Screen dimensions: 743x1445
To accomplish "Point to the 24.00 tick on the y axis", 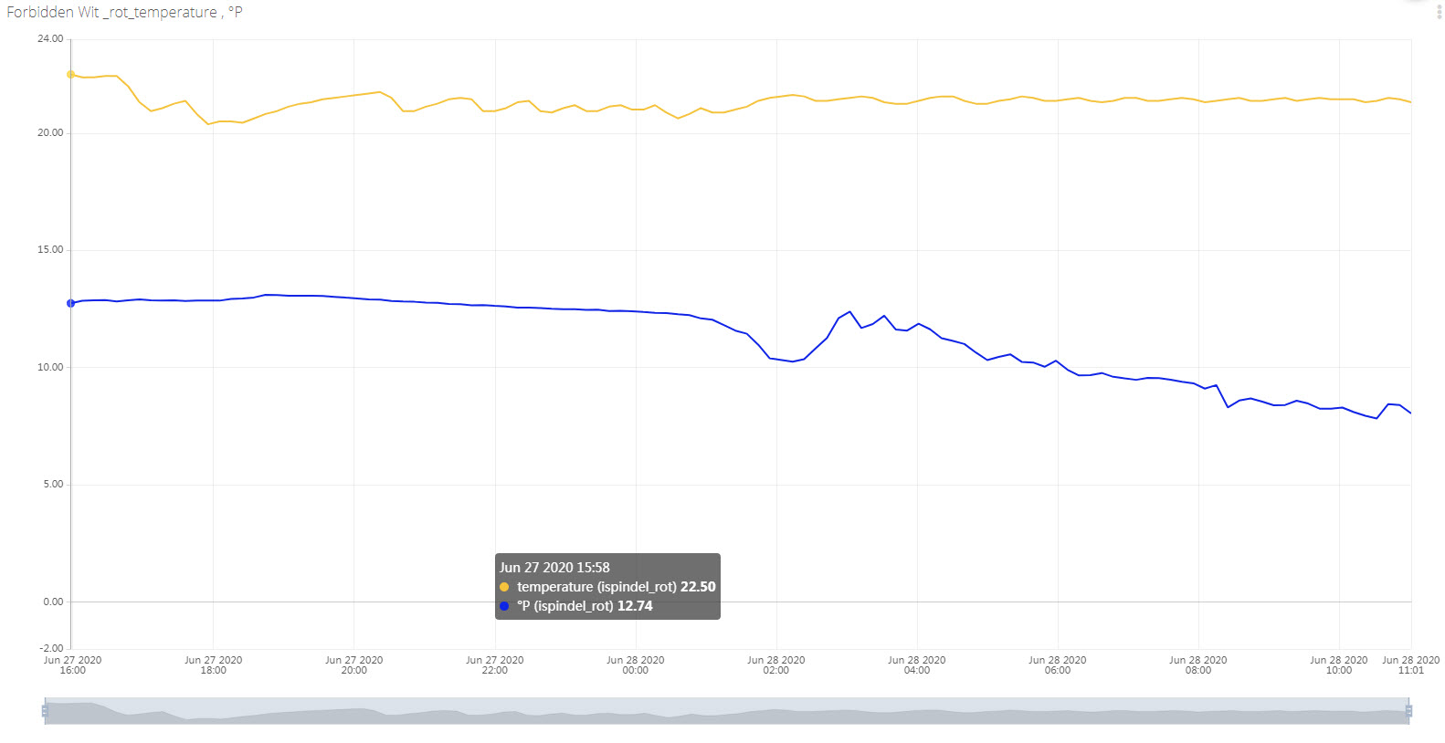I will pos(50,39).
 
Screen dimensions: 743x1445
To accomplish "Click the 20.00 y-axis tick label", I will pos(50,133).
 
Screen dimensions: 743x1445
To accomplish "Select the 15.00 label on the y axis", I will pos(50,250).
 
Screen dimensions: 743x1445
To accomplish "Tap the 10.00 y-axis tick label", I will pos(50,368).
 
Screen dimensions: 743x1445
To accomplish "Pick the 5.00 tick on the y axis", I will pos(53,485).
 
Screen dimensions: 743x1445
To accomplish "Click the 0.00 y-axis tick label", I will pos(53,602).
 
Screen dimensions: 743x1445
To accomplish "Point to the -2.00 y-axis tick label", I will pos(51,649).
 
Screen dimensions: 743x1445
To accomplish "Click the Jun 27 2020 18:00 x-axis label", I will pos(213,665).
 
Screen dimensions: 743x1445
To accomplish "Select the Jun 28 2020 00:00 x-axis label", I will pos(635,665).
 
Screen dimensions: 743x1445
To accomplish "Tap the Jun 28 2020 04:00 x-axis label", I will pos(916,665).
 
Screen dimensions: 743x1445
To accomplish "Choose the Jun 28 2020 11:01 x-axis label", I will pos(1410,665).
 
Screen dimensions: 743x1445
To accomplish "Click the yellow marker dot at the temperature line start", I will pos(70,75).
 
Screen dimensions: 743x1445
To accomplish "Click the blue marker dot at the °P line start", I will pos(70,303).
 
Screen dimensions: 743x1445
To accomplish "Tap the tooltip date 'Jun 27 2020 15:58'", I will pos(554,568).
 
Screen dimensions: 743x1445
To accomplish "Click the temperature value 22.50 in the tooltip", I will pos(698,587).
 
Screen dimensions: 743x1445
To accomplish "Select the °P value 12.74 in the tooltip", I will pos(635,606).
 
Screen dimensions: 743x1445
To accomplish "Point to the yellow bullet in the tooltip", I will pos(504,587).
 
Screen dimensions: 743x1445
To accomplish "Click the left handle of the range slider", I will pos(45,711).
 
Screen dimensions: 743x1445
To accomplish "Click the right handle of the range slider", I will pos(1408,711).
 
